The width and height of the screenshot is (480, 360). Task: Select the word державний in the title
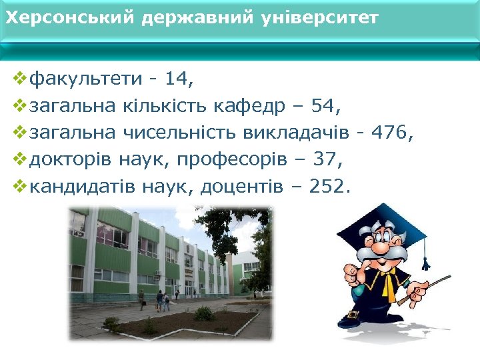coord(197,18)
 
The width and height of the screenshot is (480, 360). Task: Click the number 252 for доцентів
coord(329,187)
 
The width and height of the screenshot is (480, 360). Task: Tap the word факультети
coord(87,79)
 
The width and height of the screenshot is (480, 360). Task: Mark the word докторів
coord(71,160)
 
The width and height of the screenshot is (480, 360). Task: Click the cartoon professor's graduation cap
coord(383,230)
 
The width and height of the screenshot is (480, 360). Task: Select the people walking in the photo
coord(162,301)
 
